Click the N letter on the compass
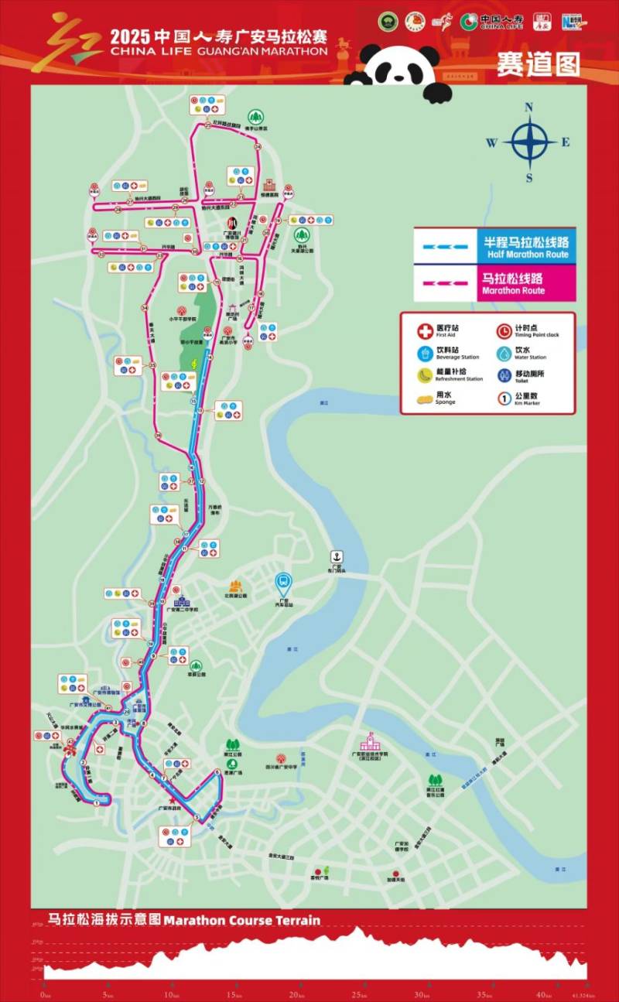(529, 108)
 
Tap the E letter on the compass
(566, 142)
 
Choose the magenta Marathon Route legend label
(512, 283)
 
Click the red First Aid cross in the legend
(424, 331)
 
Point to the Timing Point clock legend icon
(504, 331)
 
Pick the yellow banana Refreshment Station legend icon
(424, 375)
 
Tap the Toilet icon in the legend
(504, 375)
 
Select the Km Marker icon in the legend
(504, 398)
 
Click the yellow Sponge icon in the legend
(424, 398)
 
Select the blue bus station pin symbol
(284, 581)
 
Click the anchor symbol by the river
(337, 556)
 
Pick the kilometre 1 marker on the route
(96, 803)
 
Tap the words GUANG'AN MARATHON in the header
(263, 51)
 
